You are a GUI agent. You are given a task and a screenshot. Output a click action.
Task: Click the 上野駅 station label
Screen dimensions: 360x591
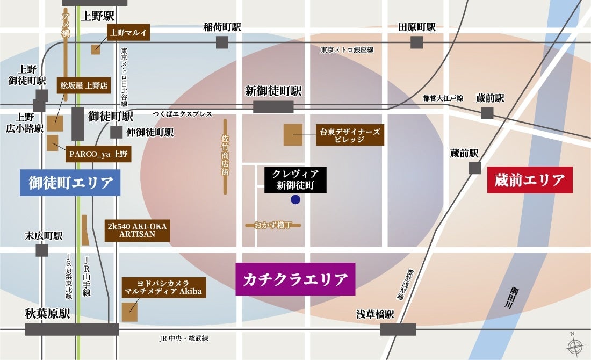pos(97,16)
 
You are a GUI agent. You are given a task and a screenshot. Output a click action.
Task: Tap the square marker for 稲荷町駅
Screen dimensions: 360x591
pos(222,42)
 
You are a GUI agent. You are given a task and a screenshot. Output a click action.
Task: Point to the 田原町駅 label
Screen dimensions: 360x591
pos(417,27)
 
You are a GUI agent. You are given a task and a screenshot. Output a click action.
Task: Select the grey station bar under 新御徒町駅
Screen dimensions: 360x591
pos(273,107)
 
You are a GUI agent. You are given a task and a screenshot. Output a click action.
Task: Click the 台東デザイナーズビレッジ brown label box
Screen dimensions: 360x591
pos(350,135)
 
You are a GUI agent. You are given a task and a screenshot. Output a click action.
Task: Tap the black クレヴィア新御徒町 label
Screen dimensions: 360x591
pos(295,179)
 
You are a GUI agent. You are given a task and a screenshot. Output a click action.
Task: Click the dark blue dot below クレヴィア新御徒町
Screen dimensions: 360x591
pos(295,200)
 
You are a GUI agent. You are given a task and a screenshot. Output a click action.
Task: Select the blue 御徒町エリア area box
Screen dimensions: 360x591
pos(70,183)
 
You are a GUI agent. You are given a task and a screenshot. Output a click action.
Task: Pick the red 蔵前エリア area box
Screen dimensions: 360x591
pos(530,180)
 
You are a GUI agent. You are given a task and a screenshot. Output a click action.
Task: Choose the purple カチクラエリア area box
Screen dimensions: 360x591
pos(295,279)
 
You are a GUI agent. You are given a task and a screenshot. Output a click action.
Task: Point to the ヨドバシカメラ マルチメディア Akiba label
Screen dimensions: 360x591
pos(156,287)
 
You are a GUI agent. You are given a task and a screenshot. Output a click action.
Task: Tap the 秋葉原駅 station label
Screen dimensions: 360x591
pos(48,314)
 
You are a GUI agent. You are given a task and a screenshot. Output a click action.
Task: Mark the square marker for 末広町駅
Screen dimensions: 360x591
pos(42,250)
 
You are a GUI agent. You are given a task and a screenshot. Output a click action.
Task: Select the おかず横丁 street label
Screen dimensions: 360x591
pos(273,225)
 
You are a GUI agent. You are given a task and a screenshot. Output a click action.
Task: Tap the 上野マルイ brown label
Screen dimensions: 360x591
pos(128,33)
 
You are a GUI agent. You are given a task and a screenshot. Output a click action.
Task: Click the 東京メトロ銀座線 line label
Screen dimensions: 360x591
pos(347,49)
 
